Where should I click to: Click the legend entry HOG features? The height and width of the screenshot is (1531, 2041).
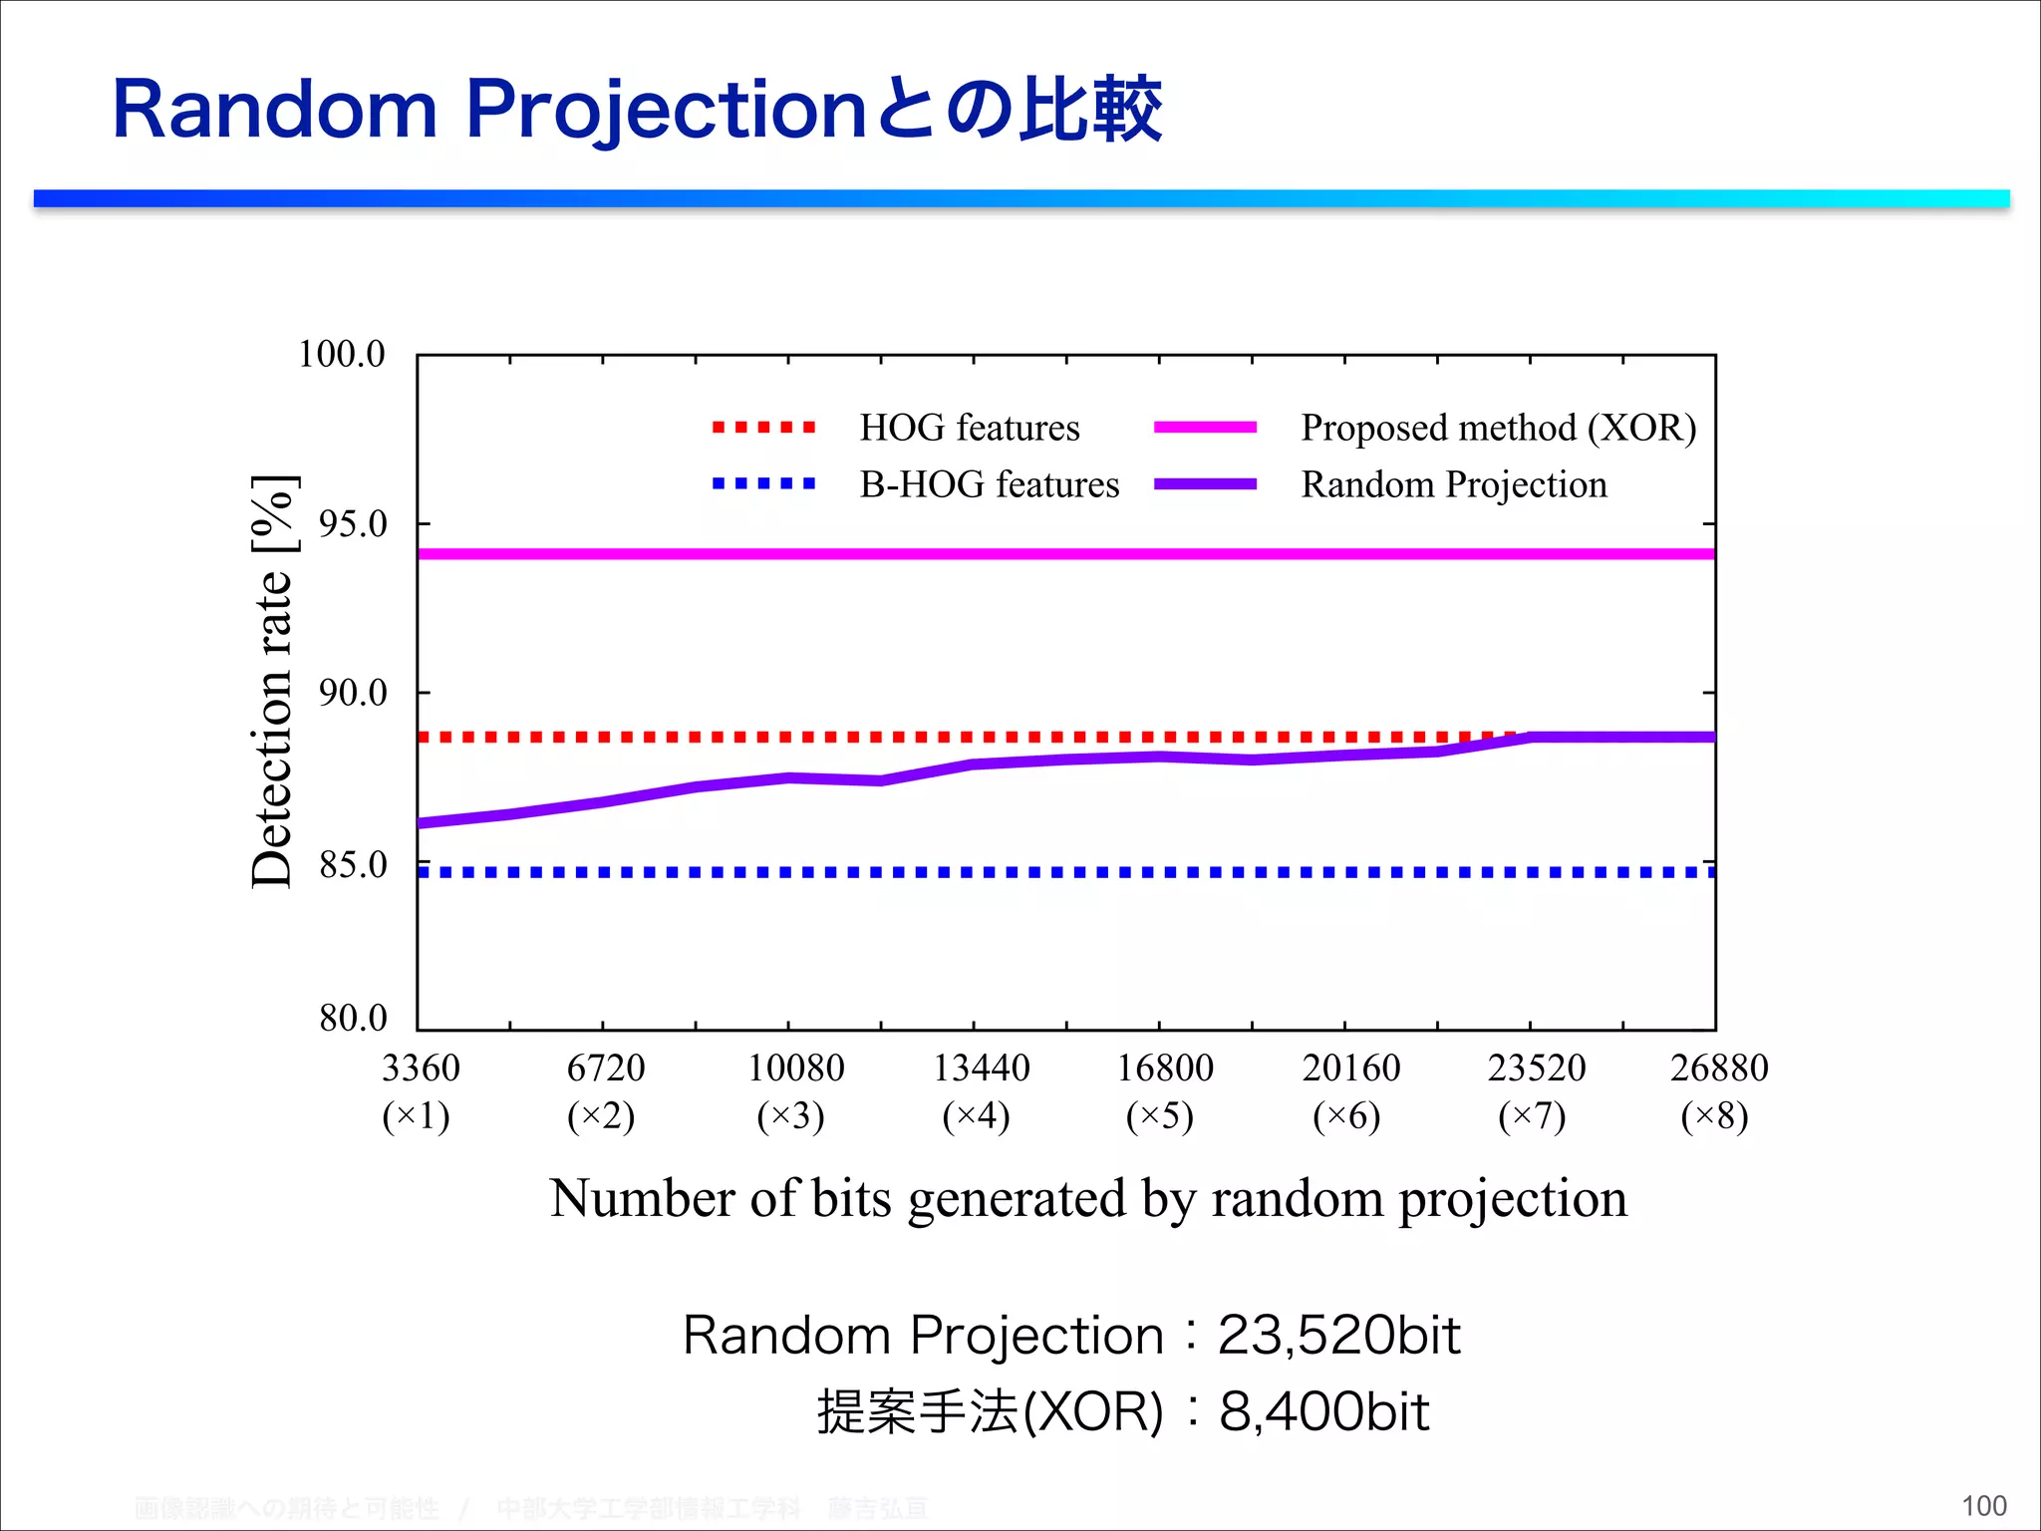(x=969, y=428)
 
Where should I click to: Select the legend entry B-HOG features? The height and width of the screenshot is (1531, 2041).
(x=989, y=484)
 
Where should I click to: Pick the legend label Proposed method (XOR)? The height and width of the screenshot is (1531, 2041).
(x=1498, y=428)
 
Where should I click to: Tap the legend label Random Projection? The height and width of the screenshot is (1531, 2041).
(x=1454, y=484)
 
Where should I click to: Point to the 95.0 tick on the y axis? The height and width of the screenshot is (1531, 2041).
(x=352, y=523)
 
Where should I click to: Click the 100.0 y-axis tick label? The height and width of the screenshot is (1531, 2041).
(x=341, y=354)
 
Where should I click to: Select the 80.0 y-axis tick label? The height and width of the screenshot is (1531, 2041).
(x=352, y=1018)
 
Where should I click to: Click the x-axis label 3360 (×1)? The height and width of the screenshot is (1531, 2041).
(x=420, y=1091)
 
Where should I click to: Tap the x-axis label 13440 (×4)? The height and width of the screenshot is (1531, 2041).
(x=980, y=1091)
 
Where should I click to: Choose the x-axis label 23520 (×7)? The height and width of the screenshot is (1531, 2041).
(x=1535, y=1091)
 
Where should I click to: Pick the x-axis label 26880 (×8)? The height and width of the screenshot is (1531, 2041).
(x=1718, y=1091)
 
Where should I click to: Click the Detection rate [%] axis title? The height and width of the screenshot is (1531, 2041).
(x=271, y=682)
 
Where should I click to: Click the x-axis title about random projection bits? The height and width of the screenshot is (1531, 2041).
(x=1087, y=1198)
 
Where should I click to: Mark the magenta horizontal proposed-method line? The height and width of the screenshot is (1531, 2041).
(x=997, y=553)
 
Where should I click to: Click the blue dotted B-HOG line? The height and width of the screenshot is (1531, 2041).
(x=997, y=872)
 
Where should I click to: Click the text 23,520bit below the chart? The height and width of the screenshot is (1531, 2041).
(x=1338, y=1336)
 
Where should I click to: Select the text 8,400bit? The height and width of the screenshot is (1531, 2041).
(x=1323, y=1411)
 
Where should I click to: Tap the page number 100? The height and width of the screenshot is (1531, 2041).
(x=1983, y=1506)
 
